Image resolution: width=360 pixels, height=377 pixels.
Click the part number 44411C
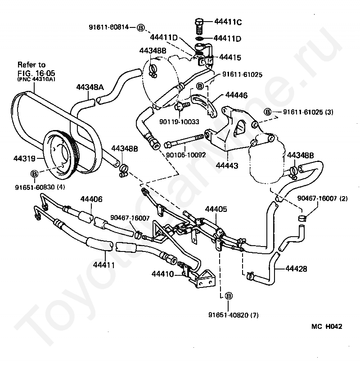pyautogui.click(x=228, y=22)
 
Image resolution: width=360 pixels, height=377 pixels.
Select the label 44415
pyautogui.click(x=230, y=57)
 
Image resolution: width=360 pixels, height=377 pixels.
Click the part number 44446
pyautogui.click(x=236, y=95)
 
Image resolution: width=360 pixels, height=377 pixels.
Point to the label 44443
pyautogui.click(x=227, y=166)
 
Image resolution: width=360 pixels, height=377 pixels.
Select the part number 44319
pyautogui.click(x=25, y=158)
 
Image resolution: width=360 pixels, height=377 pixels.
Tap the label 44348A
pyautogui.click(x=90, y=87)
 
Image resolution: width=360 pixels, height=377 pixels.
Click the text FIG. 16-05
pyautogui.click(x=36, y=73)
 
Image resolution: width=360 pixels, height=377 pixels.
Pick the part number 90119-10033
pyautogui.click(x=180, y=121)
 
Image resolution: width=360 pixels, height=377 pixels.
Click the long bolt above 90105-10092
pyautogui.click(x=184, y=141)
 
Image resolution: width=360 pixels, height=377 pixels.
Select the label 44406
pyautogui.click(x=91, y=199)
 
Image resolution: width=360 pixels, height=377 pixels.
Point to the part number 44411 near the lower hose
pyautogui.click(x=103, y=265)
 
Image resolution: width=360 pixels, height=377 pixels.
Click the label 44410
pyautogui.click(x=162, y=274)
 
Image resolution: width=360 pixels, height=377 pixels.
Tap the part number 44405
pyautogui.click(x=216, y=209)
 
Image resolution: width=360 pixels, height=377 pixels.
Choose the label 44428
pyautogui.click(x=296, y=269)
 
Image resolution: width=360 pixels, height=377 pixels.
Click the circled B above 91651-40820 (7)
pyautogui.click(x=229, y=296)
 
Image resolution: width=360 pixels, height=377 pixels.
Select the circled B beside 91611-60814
pyautogui.click(x=140, y=27)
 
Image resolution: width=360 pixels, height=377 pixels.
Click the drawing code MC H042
pyautogui.click(x=327, y=326)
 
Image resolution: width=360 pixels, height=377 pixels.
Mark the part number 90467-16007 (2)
pyautogui.click(x=323, y=198)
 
